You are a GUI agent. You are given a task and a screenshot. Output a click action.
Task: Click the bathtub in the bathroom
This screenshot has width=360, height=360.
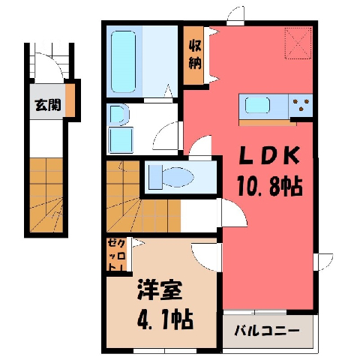(123, 61)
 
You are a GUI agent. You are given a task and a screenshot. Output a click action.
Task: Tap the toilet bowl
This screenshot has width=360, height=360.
(178, 177)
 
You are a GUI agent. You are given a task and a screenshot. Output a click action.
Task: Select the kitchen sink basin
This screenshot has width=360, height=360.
(257, 105)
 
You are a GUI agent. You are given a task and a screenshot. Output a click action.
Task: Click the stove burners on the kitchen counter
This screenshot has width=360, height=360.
(301, 104)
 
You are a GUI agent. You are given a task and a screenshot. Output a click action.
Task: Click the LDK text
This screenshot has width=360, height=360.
(269, 155)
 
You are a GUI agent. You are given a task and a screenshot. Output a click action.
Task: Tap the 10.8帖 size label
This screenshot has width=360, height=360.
(270, 186)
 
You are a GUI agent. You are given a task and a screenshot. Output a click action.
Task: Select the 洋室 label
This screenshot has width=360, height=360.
(159, 290)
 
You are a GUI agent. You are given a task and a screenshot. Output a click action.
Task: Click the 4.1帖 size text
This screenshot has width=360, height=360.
(165, 319)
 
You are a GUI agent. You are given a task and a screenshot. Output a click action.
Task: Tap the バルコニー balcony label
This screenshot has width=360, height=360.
(267, 331)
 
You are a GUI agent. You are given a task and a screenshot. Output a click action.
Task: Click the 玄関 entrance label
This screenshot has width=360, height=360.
(48, 104)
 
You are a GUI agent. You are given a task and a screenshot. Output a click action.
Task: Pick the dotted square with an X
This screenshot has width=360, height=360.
(298, 43)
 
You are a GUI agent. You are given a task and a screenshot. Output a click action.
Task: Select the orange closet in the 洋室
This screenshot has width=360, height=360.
(116, 255)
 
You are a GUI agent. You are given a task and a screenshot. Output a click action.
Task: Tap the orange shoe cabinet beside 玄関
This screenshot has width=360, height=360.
(70, 100)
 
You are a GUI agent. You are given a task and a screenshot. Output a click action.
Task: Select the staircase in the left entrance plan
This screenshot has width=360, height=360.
(46, 195)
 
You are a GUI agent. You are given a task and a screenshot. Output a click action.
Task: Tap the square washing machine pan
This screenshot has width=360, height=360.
(121, 139)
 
